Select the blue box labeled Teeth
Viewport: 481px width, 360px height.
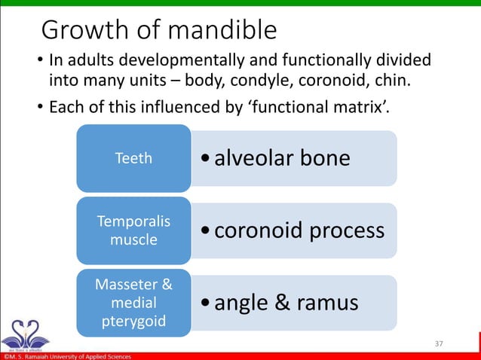(x=133, y=158)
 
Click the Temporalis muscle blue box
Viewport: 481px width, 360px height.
(x=133, y=230)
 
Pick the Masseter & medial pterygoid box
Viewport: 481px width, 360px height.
(x=133, y=303)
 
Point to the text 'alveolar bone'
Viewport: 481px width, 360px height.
(x=282, y=158)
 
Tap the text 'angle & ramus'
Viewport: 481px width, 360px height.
(x=286, y=303)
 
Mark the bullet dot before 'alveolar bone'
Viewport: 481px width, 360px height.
(x=205, y=159)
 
